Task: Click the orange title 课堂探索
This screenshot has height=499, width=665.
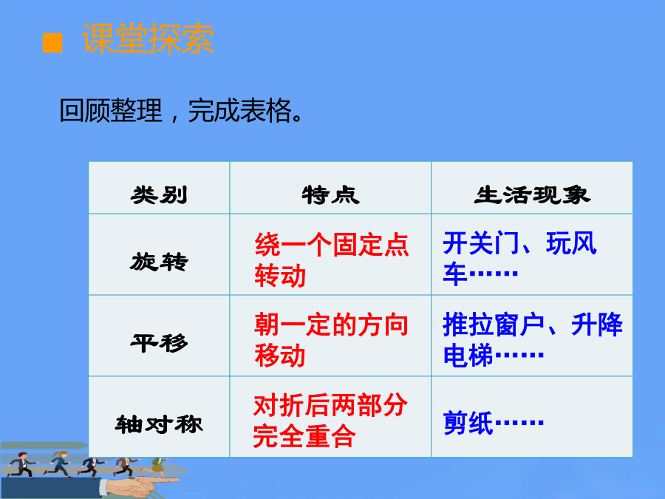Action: [148, 38]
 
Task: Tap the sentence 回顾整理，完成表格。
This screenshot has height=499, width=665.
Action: [181, 111]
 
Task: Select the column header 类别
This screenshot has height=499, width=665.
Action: [159, 195]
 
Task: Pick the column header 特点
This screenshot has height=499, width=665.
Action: [331, 195]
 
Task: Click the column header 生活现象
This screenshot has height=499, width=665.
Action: [532, 195]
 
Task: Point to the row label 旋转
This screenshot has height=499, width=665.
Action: [159, 262]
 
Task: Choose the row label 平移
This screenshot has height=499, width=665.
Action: [159, 343]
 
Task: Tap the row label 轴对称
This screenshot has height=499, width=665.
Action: [159, 424]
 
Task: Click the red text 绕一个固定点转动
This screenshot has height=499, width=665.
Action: [332, 259]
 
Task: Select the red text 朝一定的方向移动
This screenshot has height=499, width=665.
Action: [332, 340]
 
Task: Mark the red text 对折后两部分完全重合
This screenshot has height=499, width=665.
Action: [330, 421]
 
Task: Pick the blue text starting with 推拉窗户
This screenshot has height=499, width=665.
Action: [533, 339]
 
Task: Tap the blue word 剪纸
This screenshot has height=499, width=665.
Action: [468, 423]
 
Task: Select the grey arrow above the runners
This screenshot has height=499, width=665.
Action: [44, 446]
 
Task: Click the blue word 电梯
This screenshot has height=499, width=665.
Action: [468, 355]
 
